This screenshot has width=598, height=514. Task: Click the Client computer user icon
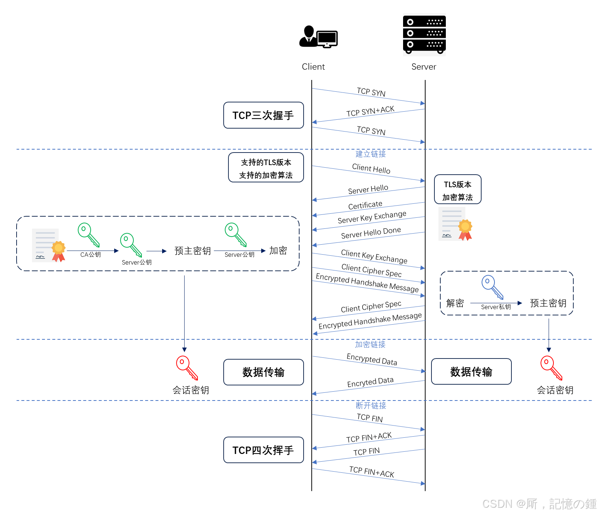coord(318,37)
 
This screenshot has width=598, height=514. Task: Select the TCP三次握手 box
coord(263,115)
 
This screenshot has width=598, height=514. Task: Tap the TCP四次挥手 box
coord(263,450)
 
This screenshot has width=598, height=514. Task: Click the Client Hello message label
coord(371,169)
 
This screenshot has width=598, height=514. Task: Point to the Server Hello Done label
coord(371,233)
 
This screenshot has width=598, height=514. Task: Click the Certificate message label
coord(365,205)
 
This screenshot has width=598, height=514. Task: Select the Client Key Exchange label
coord(374,256)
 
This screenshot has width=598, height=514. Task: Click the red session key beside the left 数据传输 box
coord(187,367)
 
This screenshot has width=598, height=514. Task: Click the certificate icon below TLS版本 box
coord(455,224)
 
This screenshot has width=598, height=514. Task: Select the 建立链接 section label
coord(370,154)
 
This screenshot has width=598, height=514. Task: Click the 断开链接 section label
coord(371,405)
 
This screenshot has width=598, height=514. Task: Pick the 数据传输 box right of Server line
coord(471,371)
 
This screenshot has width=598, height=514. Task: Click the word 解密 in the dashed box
coord(455,303)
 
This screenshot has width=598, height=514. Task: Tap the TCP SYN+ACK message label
coord(370,111)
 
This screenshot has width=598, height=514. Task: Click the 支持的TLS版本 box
coord(266,168)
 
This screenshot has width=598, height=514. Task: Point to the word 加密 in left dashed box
coord(278,251)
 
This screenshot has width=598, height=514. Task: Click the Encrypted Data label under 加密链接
coord(372,359)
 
